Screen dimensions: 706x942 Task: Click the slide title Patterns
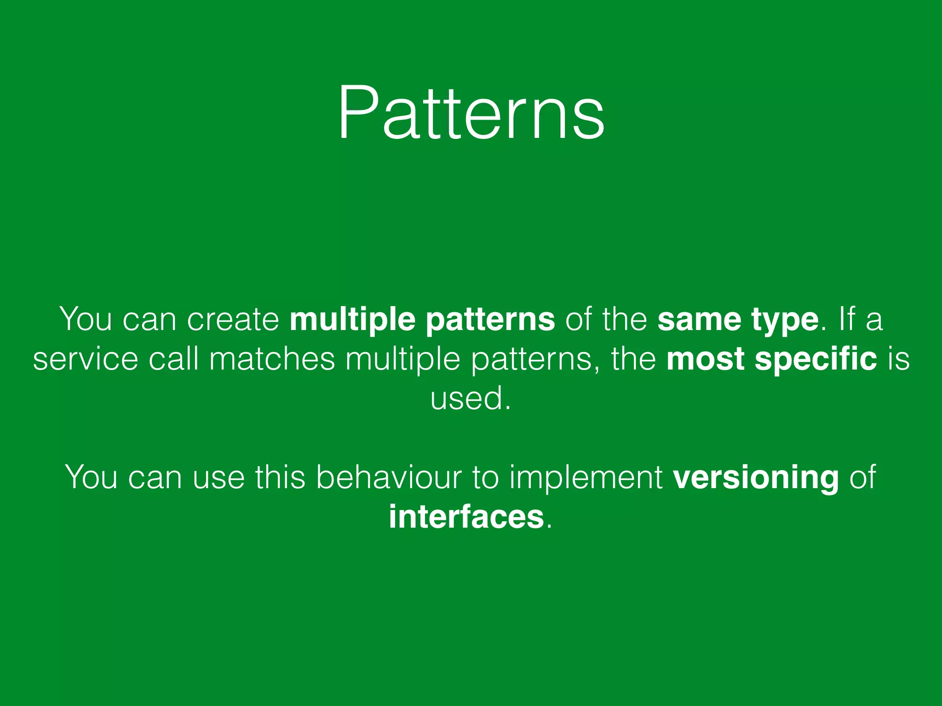pyautogui.click(x=471, y=113)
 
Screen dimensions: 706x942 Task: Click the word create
pyautogui.click(x=233, y=319)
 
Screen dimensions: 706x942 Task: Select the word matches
pyautogui.click(x=272, y=359)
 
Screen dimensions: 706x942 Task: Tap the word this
pyautogui.click(x=280, y=477)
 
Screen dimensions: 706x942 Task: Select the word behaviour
pyautogui.click(x=388, y=477)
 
